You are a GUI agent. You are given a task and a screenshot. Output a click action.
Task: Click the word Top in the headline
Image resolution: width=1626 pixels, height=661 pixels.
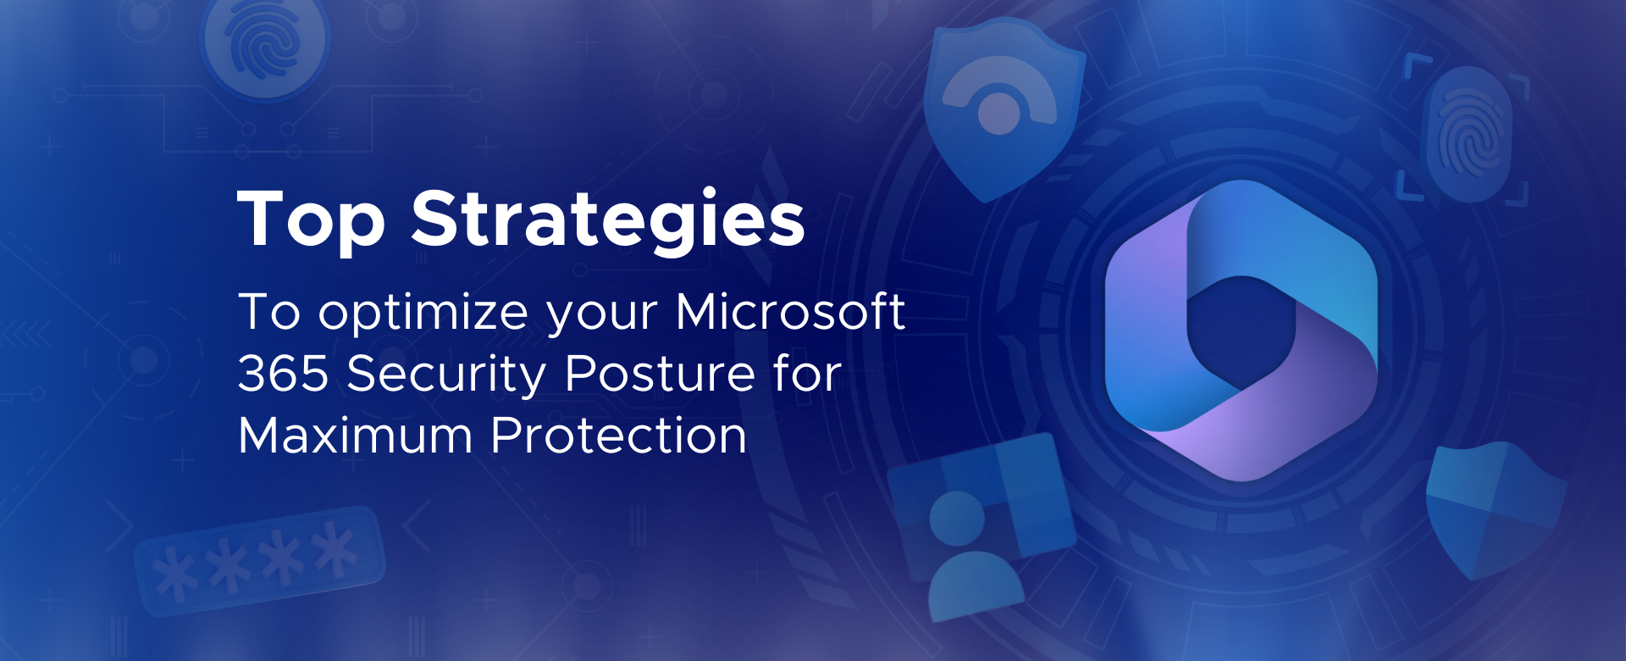(311, 219)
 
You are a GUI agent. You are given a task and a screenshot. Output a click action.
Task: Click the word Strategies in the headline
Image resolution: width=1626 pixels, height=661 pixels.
(608, 219)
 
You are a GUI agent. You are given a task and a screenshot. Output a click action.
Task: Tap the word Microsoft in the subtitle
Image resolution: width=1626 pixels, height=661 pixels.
(790, 311)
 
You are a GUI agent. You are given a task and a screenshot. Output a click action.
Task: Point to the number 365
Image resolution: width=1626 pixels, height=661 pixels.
(283, 374)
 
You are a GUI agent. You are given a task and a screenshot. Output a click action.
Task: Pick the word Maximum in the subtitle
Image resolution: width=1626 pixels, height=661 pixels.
(355, 436)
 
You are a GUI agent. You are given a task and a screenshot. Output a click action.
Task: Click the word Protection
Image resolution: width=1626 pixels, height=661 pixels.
(619, 436)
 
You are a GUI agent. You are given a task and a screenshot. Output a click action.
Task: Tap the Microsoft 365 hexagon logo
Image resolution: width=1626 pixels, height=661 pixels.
(1241, 330)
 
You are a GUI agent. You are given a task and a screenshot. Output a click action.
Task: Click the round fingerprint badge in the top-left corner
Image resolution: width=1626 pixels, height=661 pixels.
(265, 45)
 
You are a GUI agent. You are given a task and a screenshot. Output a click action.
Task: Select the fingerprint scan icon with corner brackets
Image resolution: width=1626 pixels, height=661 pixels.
(1464, 131)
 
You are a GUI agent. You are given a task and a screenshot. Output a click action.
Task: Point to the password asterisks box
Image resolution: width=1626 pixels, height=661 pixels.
(260, 559)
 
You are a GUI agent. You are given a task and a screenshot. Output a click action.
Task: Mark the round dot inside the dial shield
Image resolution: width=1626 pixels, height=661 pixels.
(999, 113)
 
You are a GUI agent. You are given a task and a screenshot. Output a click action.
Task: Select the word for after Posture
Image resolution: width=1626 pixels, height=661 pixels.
(807, 373)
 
